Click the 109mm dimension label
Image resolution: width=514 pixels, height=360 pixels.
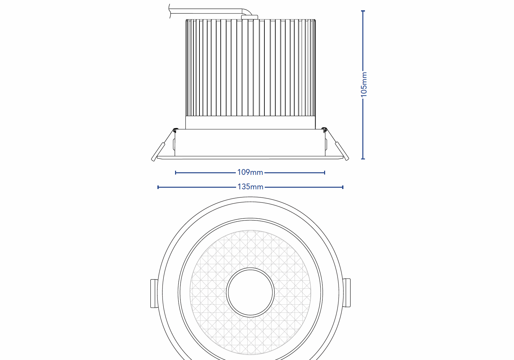tap(250, 172)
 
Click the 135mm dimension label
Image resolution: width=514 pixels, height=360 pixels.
tap(250, 187)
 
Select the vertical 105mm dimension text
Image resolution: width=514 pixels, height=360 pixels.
tap(363, 84)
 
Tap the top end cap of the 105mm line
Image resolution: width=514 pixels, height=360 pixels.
tap(363, 11)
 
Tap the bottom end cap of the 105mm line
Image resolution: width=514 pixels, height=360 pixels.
tap(363, 158)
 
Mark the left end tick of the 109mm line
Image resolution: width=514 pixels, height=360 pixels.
tap(175, 173)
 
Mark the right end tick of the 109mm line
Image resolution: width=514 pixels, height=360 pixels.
tap(325, 173)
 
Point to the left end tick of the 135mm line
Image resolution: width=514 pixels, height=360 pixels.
tap(158, 187)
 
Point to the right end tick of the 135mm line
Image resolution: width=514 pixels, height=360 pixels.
tap(343, 187)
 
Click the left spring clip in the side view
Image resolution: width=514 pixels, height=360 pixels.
tap(158, 152)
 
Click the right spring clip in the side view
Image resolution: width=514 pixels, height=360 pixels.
tap(342, 151)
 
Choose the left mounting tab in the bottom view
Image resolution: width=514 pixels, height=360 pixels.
tap(154, 293)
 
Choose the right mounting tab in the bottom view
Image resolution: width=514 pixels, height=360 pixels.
tap(347, 292)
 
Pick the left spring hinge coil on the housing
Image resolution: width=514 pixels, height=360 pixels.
tap(175, 130)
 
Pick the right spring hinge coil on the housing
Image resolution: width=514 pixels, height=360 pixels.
tap(324, 130)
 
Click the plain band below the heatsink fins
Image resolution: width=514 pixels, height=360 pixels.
tap(250, 122)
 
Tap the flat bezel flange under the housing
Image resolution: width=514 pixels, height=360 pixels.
tap(250, 158)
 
